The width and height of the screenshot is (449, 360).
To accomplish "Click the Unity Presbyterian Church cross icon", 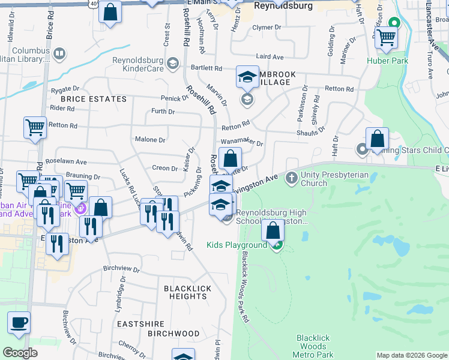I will point(291,178).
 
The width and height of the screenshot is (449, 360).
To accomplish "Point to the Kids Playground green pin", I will point(277,245).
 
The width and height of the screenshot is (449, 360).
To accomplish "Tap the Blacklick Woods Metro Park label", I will point(312,346).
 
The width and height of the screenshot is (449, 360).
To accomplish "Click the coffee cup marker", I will point(19,322).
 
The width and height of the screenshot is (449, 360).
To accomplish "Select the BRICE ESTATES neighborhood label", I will point(93,99).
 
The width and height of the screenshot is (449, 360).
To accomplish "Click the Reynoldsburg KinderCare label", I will point(138,64).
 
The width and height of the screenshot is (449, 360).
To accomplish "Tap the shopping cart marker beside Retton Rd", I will point(35,127).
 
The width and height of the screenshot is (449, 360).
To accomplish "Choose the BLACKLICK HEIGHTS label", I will point(188,292).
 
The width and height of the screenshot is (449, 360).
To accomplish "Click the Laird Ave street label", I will point(270,56).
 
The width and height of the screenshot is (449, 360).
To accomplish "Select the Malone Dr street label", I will point(150,140).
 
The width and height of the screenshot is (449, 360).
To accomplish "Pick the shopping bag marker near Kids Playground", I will point(273,230).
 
